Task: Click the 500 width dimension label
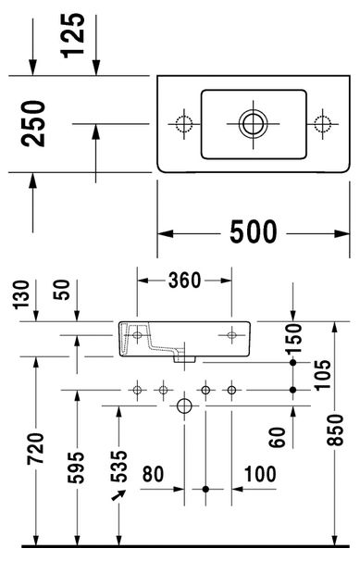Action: tap(253, 231)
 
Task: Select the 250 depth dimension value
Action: tap(33, 123)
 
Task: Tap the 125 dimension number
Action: tap(73, 35)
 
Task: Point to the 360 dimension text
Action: tap(184, 280)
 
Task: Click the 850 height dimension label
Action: tap(335, 430)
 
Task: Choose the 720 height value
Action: tap(36, 448)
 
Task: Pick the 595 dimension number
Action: tap(76, 467)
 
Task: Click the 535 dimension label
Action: tap(118, 467)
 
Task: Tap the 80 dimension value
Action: tap(153, 474)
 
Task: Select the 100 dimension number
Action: tap(260, 474)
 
